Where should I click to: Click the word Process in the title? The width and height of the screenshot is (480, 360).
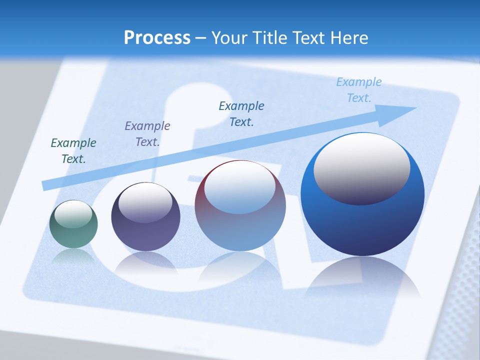157,38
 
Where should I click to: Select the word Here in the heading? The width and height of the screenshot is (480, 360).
348,38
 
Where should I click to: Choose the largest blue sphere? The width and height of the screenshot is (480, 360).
362,225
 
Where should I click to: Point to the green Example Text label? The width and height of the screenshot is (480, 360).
73,151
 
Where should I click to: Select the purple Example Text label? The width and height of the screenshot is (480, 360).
147,134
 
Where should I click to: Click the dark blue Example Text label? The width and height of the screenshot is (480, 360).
241,113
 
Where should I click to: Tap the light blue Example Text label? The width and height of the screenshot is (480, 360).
359,90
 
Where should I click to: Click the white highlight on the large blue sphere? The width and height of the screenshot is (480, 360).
362,168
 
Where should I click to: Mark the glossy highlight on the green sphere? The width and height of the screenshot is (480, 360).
73,214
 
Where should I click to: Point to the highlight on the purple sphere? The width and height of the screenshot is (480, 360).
145,202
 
